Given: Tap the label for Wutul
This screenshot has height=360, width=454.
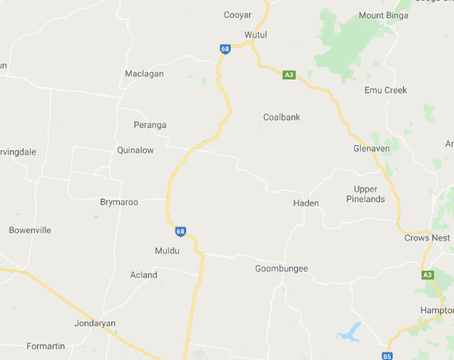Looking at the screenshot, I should pos(256,35).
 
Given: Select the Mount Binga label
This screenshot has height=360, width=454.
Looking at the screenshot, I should pos(384,15).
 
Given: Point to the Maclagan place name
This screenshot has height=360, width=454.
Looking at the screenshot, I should pos(144,73).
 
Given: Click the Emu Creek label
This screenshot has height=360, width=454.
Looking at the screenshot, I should pos(385,90).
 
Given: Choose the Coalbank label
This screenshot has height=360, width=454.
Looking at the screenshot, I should pos(281,117).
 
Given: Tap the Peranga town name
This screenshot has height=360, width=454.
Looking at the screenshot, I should pos(150,125).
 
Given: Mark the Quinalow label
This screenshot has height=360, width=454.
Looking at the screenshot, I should pos(135,150).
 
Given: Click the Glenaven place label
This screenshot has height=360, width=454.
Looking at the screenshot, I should pos(372,148).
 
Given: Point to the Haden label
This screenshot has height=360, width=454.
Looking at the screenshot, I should pos(306,203).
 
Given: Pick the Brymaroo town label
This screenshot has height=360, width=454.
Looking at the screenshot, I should pos(119,202).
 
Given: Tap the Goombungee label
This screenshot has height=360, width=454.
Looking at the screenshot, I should pos(281,268).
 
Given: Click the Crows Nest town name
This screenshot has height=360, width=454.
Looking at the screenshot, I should pos(427,237).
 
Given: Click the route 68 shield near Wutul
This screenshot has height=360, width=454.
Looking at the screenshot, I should pos(225,49).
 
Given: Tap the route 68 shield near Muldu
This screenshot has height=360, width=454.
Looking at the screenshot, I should pos(180,231).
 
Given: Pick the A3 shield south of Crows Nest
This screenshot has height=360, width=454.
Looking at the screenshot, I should pos(428,275).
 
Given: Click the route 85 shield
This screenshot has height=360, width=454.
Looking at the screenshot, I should pos(388,355).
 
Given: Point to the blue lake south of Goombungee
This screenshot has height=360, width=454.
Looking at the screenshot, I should pos(349,331).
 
